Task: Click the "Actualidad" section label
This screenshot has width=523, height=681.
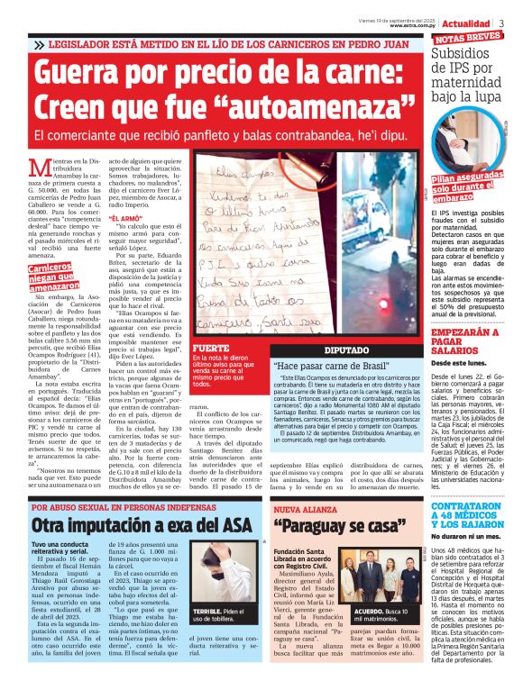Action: [468, 22]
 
